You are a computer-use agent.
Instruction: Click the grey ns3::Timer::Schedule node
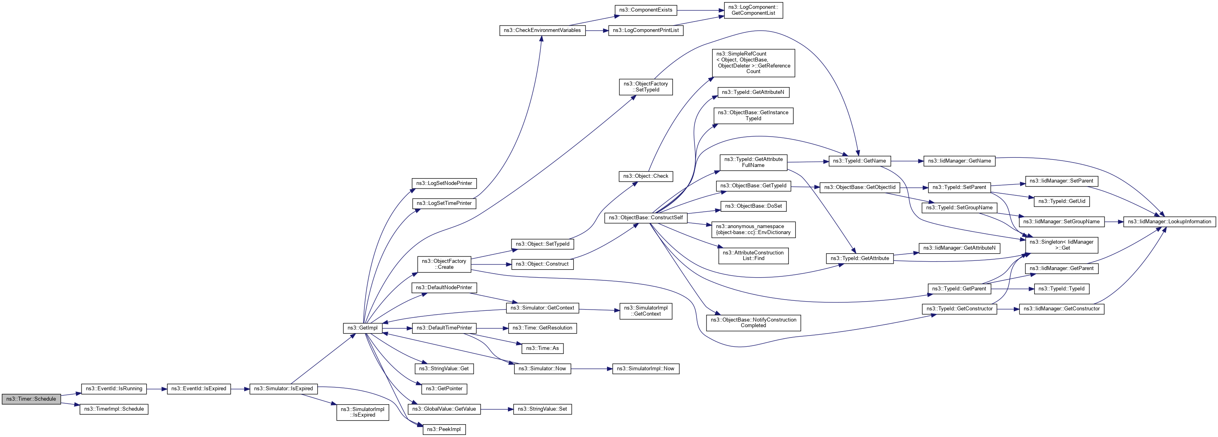[31, 399]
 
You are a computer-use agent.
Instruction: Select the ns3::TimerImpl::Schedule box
[114, 409]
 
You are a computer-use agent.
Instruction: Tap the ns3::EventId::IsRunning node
[114, 388]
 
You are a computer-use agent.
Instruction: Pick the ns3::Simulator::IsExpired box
[283, 388]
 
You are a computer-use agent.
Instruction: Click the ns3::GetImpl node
[362, 328]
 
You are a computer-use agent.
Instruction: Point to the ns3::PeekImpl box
[444, 429]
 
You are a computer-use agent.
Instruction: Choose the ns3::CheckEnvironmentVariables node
[542, 30]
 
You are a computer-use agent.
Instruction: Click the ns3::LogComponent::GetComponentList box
[753, 10]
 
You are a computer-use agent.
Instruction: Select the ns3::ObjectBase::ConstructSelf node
[645, 218]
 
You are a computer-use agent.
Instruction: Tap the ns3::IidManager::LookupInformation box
[1169, 222]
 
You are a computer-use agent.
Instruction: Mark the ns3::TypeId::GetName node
[859, 161]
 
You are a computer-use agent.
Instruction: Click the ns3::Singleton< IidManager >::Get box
[1061, 245]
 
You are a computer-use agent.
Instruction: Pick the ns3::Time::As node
[542, 348]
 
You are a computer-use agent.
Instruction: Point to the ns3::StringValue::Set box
[542, 409]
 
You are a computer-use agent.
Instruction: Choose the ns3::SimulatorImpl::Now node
[645, 369]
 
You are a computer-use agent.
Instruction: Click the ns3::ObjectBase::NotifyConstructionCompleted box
[753, 323]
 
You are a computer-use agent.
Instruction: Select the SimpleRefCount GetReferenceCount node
[753, 63]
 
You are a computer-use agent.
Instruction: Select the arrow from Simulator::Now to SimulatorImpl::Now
[591, 369]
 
